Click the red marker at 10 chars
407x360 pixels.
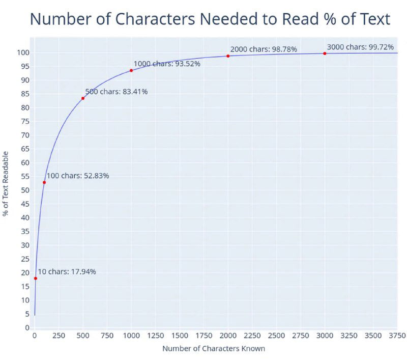[x=36, y=278]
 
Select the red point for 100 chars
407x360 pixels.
[x=44, y=182]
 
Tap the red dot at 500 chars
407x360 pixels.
[x=83, y=98]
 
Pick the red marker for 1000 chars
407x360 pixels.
[x=131, y=70]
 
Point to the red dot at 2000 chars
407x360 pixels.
[x=228, y=56]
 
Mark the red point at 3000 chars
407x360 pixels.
[x=325, y=53]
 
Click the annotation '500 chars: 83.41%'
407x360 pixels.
[x=116, y=92]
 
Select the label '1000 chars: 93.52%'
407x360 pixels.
[x=167, y=64]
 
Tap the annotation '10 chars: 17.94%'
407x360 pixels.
[x=67, y=271]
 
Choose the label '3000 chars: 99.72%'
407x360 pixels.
[x=360, y=47]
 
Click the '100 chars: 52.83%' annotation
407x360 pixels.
[x=78, y=176]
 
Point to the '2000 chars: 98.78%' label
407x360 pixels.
[x=264, y=49]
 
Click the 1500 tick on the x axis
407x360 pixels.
[x=180, y=336]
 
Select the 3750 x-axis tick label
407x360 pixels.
[x=397, y=336]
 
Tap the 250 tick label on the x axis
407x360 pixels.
[x=59, y=336]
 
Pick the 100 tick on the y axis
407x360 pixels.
[x=23, y=52]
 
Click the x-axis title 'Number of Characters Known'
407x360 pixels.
[x=214, y=349]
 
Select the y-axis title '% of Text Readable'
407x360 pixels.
[x=6, y=183]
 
